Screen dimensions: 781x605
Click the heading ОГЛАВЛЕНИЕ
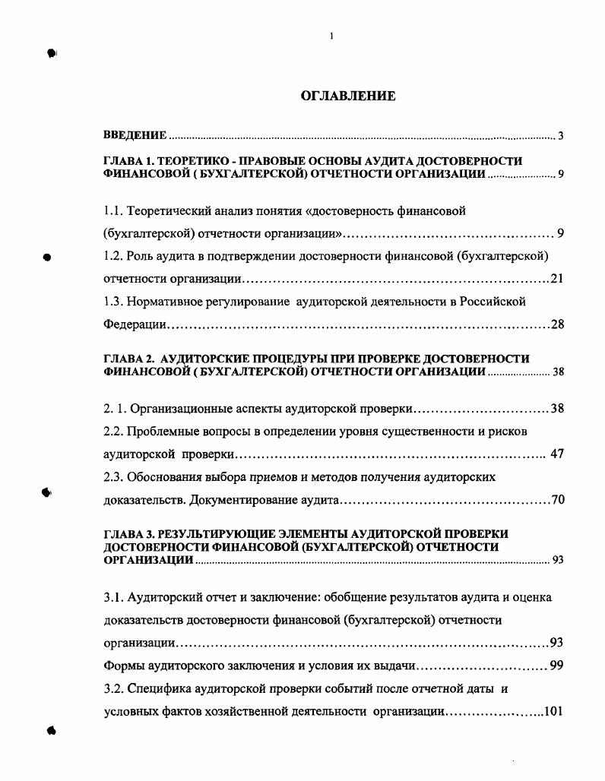click(x=348, y=96)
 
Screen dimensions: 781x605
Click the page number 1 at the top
click(x=331, y=36)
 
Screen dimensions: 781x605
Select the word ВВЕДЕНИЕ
click(x=135, y=135)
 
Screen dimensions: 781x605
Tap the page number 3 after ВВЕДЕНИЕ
click(x=560, y=136)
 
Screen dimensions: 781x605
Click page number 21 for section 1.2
click(x=556, y=278)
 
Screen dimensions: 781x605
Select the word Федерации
click(x=135, y=324)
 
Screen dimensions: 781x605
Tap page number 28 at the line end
click(x=557, y=324)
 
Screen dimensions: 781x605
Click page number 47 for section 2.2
click(x=556, y=454)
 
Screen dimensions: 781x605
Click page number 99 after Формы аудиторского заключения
click(x=556, y=666)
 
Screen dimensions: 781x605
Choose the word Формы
click(x=122, y=666)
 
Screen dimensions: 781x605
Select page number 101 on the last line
click(x=553, y=712)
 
